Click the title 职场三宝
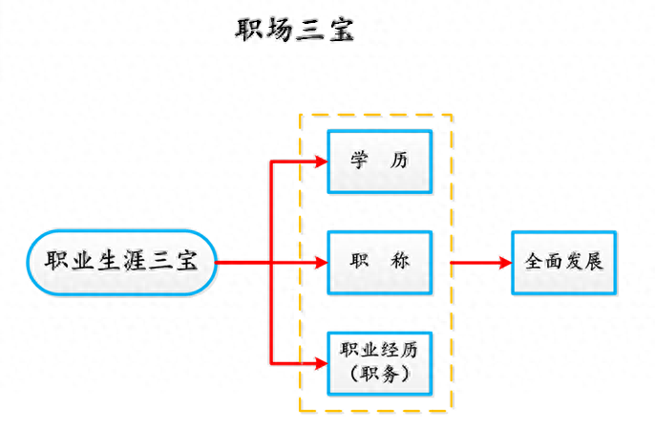pyautogui.click(x=295, y=30)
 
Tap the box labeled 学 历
pyautogui.click(x=379, y=161)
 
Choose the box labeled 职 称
pyautogui.click(x=379, y=261)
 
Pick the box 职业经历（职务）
pyautogui.click(x=379, y=362)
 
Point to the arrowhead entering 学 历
pyautogui.click(x=322, y=161)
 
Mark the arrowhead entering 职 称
pyautogui.click(x=322, y=261)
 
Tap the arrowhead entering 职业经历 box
pyautogui.click(x=322, y=362)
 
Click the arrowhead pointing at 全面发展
pyautogui.click(x=505, y=261)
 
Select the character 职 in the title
pyautogui.click(x=250, y=30)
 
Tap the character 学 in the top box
pyautogui.click(x=358, y=161)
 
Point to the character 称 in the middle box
pyautogui.click(x=400, y=261)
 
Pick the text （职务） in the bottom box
pyautogui.click(x=379, y=374)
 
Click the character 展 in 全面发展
pyautogui.click(x=594, y=261)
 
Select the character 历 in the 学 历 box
pyautogui.click(x=400, y=161)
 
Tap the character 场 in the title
pyautogui.click(x=280, y=30)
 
